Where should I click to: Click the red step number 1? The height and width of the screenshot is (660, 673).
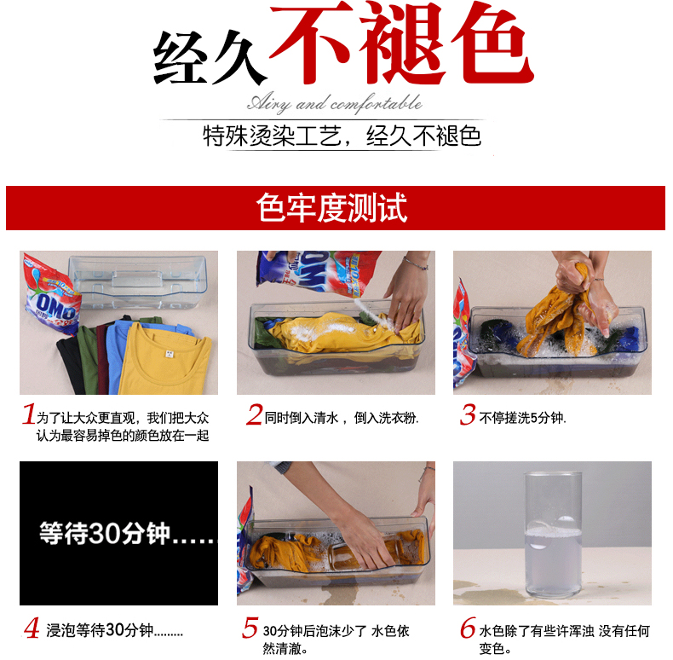[29, 414]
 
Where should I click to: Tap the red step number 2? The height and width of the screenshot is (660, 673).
[254, 414]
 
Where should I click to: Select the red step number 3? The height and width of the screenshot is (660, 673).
[468, 414]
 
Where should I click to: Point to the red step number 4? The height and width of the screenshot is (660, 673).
[32, 628]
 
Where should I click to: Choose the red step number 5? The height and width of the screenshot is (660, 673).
[250, 628]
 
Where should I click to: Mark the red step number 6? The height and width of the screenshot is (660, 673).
[469, 628]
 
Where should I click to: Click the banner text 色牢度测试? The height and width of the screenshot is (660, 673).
[331, 208]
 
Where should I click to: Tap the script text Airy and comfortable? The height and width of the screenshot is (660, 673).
[334, 103]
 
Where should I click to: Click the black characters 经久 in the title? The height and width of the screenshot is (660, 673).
[210, 58]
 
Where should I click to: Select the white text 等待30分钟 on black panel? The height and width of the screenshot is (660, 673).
[105, 534]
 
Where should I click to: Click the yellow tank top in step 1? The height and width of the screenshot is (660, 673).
[165, 359]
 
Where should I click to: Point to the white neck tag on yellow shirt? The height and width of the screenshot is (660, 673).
[170, 354]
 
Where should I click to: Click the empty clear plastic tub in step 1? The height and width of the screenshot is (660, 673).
[138, 281]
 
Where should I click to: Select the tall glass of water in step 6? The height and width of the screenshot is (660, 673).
[553, 535]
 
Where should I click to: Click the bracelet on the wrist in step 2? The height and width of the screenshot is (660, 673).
[416, 263]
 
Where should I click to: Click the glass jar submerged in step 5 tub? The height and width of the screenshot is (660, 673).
[363, 553]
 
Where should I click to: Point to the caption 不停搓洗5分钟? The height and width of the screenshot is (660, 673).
[522, 418]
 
